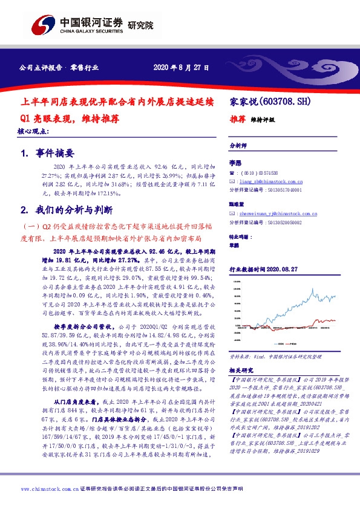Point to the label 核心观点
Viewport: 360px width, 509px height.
pos(33,131)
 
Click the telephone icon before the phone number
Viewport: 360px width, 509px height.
pos(232,172)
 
